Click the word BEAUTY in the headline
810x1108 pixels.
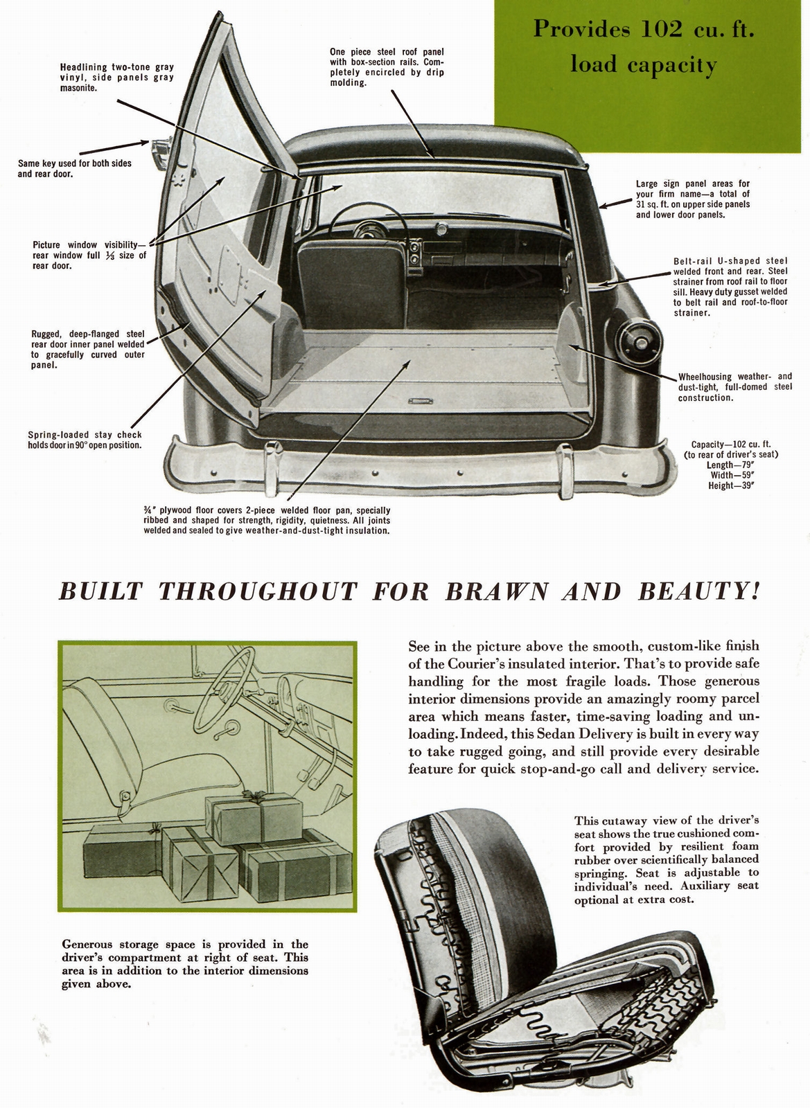(694, 592)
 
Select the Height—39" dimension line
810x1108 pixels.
(731, 486)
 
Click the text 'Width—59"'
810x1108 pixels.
(732, 476)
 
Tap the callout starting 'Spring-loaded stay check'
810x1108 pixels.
(85, 440)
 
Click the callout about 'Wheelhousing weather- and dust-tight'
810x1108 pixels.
(734, 387)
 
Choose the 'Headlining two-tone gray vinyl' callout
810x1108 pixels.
(116, 78)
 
